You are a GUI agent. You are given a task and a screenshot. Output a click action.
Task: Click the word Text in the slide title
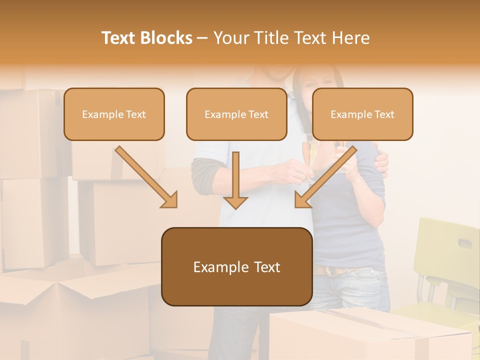click(120, 38)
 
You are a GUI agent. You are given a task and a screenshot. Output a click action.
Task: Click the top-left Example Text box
click(114, 114)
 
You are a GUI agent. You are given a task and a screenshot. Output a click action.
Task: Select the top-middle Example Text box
click(236, 114)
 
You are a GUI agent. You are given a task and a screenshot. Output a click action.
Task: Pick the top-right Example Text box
click(362, 114)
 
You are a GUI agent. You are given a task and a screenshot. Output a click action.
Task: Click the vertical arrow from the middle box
click(235, 175)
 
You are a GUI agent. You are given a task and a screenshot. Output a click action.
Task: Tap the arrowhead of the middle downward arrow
click(235, 202)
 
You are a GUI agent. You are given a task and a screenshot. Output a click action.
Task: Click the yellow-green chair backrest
click(445, 245)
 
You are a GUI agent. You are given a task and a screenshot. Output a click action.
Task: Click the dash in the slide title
click(202, 38)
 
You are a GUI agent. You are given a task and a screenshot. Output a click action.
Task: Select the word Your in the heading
click(231, 38)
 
